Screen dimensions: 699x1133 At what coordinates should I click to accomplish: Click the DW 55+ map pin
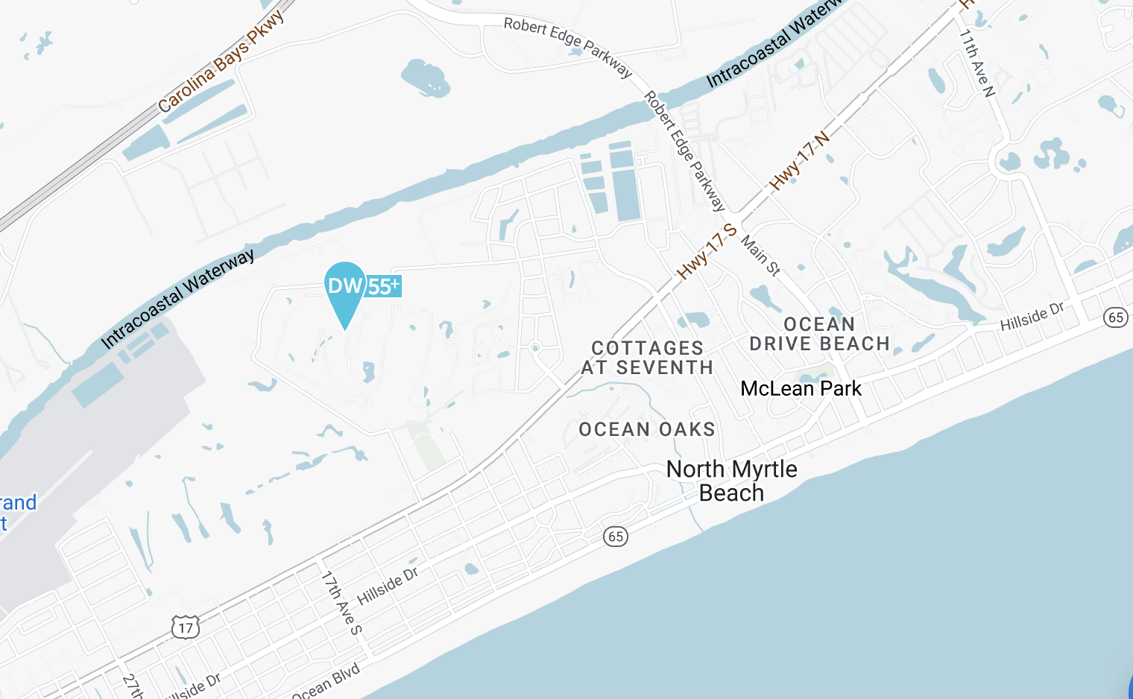345,291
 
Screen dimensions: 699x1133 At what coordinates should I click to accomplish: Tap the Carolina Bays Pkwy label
221,61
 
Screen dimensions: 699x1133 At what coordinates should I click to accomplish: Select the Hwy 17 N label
799,161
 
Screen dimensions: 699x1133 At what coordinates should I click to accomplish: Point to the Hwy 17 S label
707,251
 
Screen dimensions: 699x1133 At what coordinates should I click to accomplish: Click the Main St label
760,256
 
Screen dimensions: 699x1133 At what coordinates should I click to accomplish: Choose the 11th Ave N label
976,63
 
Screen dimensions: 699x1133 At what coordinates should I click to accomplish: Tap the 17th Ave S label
341,602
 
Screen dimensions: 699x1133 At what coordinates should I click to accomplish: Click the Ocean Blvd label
326,681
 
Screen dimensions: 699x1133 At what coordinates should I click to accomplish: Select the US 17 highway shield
186,627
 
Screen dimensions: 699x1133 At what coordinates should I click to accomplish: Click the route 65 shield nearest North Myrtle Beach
615,536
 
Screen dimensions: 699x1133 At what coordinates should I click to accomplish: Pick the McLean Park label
801,388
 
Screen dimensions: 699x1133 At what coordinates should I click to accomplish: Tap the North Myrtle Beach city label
731,481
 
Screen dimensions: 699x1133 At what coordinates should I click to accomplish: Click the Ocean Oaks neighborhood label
646,429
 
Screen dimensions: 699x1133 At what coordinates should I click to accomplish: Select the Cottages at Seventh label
647,358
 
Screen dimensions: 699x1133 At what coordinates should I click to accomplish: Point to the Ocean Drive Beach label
819,334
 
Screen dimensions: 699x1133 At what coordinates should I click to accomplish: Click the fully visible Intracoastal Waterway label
177,299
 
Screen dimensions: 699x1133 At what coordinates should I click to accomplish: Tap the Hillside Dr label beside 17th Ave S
388,586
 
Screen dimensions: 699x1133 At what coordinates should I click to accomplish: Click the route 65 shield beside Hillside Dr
1115,317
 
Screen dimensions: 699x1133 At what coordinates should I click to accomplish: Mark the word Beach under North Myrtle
731,493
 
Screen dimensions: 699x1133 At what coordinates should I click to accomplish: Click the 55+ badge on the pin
384,286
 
